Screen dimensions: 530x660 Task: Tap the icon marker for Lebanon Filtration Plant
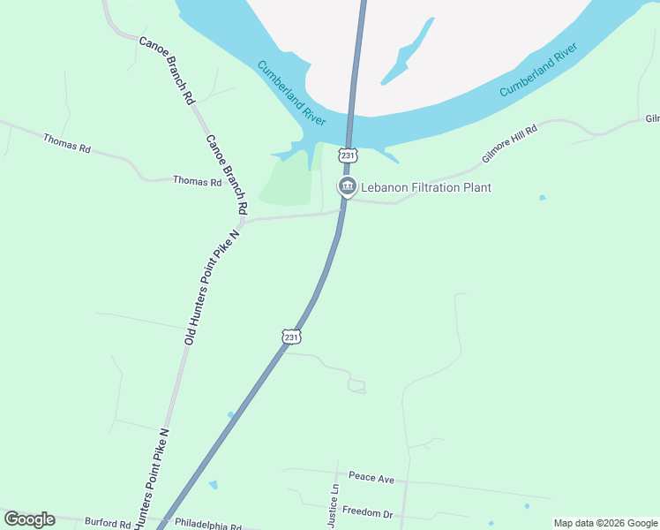347,186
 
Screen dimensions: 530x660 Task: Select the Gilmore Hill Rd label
509,144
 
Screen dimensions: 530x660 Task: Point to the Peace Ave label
371,478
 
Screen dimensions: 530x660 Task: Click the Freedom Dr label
367,511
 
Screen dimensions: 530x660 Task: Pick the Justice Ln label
334,506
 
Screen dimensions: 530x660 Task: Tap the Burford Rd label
107,522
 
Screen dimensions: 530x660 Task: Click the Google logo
29,519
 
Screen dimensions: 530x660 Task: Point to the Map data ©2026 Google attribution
606,523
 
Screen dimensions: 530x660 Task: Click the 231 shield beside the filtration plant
349,155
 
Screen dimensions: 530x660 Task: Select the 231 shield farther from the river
292,337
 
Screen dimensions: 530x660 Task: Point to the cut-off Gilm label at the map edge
652,119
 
